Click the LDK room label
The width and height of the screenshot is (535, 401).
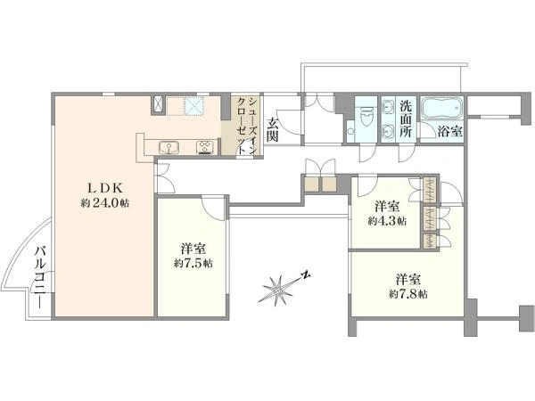105,187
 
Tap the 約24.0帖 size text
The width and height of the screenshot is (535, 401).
105,203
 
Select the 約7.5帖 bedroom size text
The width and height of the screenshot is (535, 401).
193,263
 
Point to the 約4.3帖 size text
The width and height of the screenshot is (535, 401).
387,221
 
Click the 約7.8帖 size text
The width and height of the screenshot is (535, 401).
408,294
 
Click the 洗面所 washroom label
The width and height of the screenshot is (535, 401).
406,119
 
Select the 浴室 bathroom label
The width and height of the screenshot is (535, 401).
450,131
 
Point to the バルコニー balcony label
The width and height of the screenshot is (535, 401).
41,277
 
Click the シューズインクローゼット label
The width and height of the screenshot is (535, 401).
246,127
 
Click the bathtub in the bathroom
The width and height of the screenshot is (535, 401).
441,108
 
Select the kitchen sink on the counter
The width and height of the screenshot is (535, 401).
169,147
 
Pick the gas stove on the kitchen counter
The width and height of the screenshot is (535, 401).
205,147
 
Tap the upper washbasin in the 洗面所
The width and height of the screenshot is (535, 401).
388,106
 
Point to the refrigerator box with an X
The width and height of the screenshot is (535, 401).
158,104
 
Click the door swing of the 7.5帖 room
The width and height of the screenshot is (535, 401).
213,208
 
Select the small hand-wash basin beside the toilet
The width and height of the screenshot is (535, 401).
350,131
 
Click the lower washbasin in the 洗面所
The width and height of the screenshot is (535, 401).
388,131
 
